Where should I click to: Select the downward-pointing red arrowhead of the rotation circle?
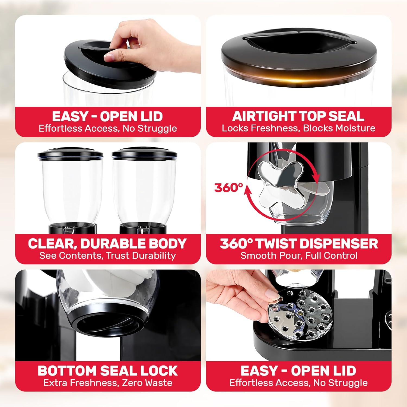[x=315, y=178]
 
